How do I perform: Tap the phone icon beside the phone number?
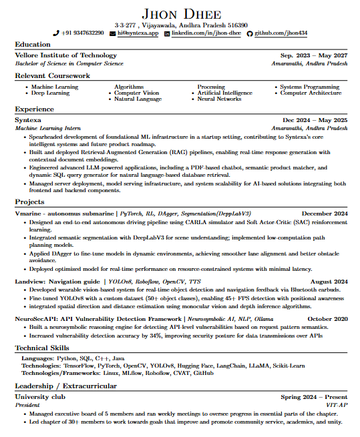[56, 33]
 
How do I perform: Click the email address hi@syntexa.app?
[138, 33]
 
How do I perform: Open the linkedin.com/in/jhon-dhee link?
[206, 33]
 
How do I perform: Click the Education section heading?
[33, 45]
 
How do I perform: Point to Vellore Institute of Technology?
[66, 55]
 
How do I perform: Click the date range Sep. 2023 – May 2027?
[314, 55]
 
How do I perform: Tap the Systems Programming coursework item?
[310, 87]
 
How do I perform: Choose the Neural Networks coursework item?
[219, 99]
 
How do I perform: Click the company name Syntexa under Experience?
[28, 119]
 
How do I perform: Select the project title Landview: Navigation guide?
[57, 282]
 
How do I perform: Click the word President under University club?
[28, 404]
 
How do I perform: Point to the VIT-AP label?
[336, 404]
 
